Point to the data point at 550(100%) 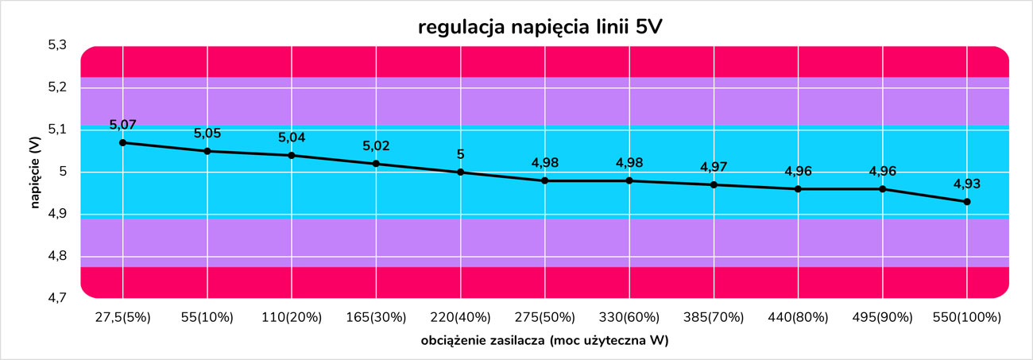point(967,202)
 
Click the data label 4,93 point(967,184)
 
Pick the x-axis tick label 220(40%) point(460,317)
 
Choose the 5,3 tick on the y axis point(60,45)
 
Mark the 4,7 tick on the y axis point(60,298)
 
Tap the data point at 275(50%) point(544,181)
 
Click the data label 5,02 point(376,145)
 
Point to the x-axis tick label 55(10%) point(207,317)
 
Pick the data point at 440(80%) point(798,189)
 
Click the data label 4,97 point(714,167)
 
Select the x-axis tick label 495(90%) point(882,317)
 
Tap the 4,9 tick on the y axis point(60,215)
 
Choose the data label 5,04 point(292,137)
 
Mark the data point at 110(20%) point(292,156)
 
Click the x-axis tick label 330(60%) point(629,317)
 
